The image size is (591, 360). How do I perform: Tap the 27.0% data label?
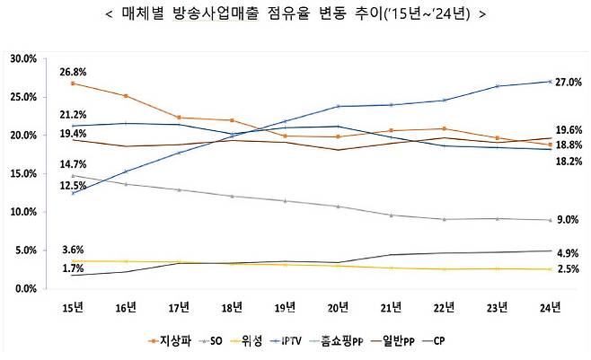click(569, 82)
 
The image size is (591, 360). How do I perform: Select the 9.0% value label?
click(568, 220)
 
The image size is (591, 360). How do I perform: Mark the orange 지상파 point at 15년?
click(72, 83)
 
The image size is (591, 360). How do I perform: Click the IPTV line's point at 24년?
click(549, 82)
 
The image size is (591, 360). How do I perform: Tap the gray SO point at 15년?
click(72, 176)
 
